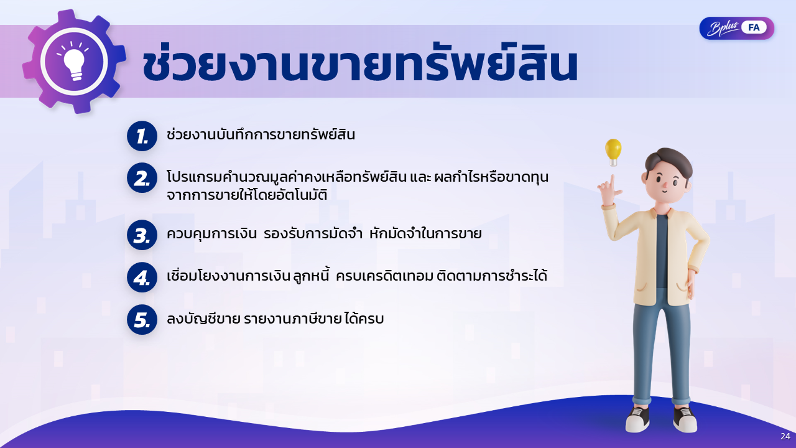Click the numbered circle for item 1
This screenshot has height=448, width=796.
point(142,136)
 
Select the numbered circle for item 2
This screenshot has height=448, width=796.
point(142,178)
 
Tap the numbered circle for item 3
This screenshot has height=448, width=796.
point(142,235)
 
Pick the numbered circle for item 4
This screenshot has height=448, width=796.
point(142,278)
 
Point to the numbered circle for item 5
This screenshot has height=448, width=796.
point(142,320)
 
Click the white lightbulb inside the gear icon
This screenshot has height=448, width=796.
point(74,63)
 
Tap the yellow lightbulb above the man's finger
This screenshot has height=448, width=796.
point(613,152)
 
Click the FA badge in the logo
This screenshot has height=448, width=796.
point(754,28)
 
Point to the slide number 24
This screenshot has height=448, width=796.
point(785,436)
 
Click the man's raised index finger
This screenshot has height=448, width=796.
point(613,183)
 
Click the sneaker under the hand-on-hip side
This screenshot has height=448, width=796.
point(685,420)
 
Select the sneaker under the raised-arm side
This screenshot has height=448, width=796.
point(638,420)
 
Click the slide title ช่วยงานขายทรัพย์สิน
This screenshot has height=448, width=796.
point(360,65)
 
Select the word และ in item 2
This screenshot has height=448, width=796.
point(420,177)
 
